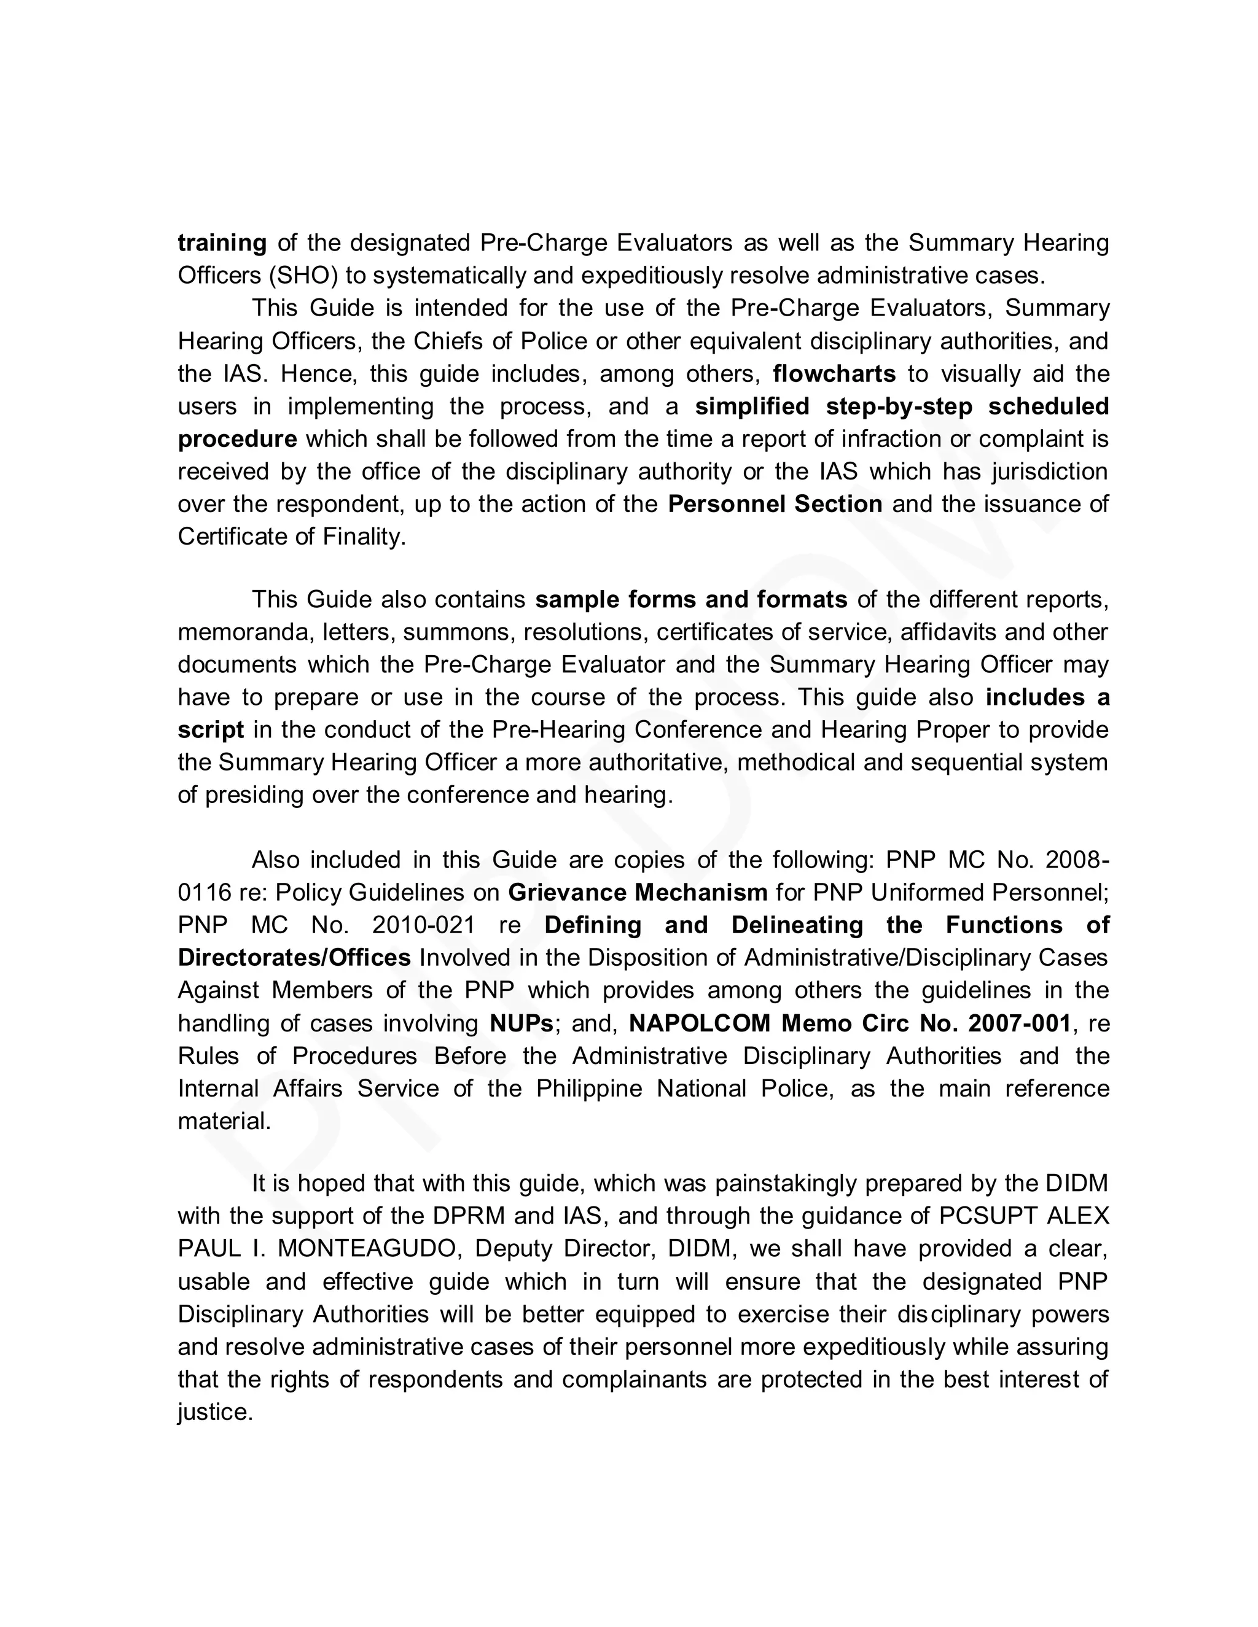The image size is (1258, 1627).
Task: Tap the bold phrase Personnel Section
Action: click(x=775, y=504)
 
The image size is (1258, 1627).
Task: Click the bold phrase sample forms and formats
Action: click(x=691, y=600)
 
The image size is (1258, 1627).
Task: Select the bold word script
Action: click(x=210, y=730)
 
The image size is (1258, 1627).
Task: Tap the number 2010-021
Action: click(x=423, y=925)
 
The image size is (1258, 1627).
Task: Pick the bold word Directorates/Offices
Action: click(x=294, y=958)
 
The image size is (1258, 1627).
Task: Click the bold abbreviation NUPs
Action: click(x=522, y=1023)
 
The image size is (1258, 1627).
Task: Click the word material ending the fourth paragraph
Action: click(x=223, y=1121)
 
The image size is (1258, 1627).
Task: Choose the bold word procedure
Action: click(x=237, y=439)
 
